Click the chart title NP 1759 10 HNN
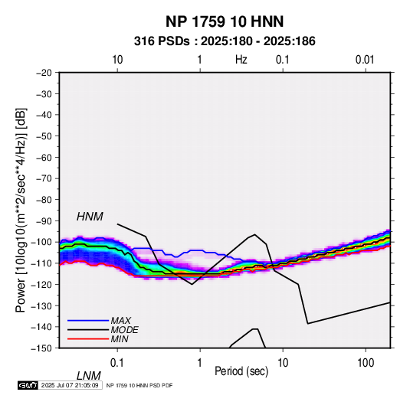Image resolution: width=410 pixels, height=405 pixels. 225,21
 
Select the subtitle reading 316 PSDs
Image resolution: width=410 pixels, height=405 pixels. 162,41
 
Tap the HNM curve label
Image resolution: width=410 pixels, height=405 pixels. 90,217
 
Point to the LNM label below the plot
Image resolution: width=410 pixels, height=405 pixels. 89,376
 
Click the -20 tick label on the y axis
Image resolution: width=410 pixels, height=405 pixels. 44,73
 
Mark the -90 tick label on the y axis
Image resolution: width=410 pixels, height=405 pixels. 44,221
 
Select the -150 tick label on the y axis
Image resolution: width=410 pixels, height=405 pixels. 41,348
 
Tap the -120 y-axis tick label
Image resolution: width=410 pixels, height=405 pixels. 41,285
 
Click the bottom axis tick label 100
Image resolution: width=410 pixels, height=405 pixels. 366,363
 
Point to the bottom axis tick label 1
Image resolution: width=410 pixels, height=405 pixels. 200,363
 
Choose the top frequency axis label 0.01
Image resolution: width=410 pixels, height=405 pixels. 365,60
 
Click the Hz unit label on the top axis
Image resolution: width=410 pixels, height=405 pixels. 241,60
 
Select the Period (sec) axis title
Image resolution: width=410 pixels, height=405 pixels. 241,371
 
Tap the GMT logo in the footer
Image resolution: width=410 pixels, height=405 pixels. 28,385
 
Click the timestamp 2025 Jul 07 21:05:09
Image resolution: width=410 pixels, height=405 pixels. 70,385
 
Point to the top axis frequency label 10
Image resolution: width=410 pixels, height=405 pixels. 117,60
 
